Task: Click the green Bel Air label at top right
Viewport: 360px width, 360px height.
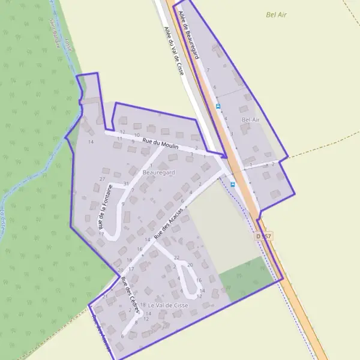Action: click(276, 13)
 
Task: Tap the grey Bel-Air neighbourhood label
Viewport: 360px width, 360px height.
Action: click(250, 119)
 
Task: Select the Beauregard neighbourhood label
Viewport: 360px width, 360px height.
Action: click(159, 172)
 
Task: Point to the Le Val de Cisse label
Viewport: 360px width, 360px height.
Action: click(169, 305)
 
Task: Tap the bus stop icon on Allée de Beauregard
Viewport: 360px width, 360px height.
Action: click(218, 106)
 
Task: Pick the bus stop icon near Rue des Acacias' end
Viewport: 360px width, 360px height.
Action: click(232, 185)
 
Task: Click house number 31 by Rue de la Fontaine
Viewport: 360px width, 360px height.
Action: click(126, 183)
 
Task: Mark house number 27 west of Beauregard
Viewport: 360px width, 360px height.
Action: click(103, 179)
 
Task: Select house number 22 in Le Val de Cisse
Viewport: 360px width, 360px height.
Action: click(176, 257)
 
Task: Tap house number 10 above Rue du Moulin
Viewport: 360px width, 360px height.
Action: click(137, 135)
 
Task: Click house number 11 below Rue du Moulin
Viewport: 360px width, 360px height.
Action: click(119, 139)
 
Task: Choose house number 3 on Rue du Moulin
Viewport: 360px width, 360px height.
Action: click(191, 154)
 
